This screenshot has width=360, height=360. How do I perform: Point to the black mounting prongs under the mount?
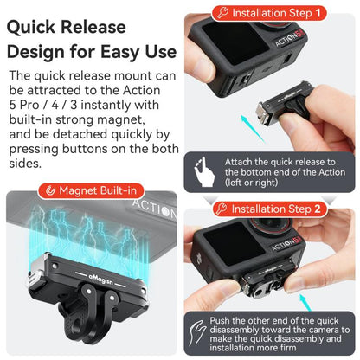[x=95, y=325]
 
